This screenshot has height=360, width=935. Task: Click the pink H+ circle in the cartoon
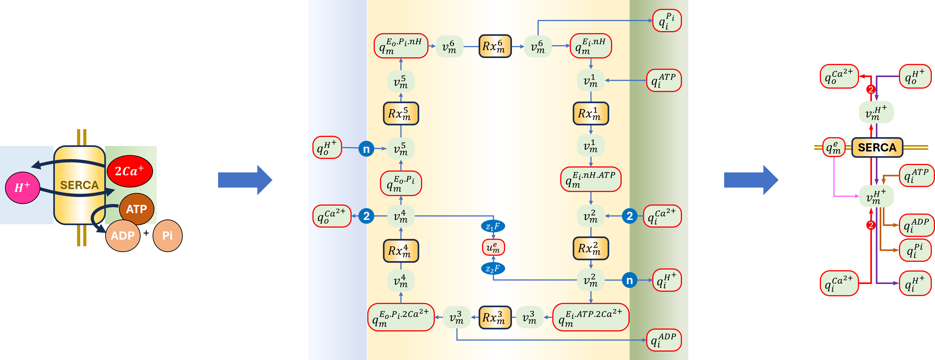(x=22, y=188)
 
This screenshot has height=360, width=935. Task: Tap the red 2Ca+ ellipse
(x=130, y=171)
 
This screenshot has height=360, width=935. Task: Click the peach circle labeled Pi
(x=167, y=236)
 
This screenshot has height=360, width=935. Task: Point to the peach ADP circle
(x=123, y=236)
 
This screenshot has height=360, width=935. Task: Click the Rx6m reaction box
(x=495, y=46)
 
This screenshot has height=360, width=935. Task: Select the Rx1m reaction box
(x=591, y=114)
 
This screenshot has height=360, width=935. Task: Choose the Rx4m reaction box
(x=401, y=251)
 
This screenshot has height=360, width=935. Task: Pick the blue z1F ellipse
(x=493, y=226)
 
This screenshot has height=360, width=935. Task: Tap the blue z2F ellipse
(x=493, y=269)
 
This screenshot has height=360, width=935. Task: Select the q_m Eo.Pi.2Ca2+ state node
(x=401, y=317)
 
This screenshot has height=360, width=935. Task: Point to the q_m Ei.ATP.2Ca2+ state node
(x=591, y=317)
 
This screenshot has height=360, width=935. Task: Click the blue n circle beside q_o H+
(x=366, y=149)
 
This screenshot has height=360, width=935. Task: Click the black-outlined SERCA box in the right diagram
(x=877, y=147)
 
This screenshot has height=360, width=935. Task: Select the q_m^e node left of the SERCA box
(x=833, y=147)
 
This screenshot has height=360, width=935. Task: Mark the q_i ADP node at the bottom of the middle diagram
(x=664, y=340)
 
